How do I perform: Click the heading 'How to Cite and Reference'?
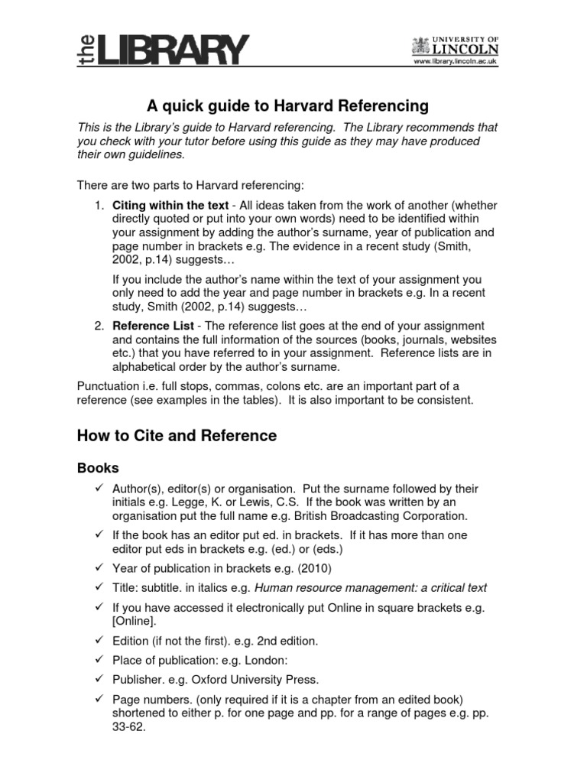pos(177,436)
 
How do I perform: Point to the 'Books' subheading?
pos(98,466)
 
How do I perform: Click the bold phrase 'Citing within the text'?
pos(170,205)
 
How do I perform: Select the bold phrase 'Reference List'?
pos(149,325)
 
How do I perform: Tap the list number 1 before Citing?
pos(99,205)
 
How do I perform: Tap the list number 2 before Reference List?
pos(99,325)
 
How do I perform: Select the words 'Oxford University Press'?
pos(251,679)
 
